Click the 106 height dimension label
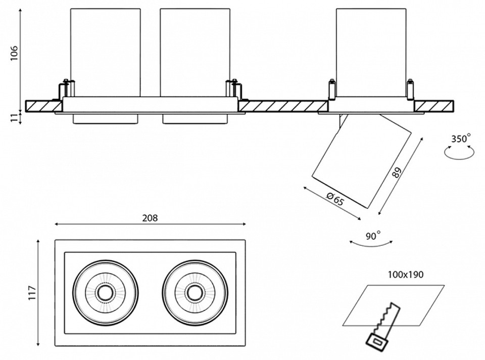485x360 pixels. pos(14,52)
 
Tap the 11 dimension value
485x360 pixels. pos(14,117)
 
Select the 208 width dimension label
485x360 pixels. pos(150,218)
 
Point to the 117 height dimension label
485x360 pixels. pos(33,294)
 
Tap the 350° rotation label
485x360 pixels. pos(460,138)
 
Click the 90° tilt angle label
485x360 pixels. pos(372,235)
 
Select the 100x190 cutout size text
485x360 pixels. pos(406,275)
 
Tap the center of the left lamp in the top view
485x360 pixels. pos(105,292)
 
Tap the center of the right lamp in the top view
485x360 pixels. pos(195,292)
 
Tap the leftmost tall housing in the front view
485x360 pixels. pos(105,51)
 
